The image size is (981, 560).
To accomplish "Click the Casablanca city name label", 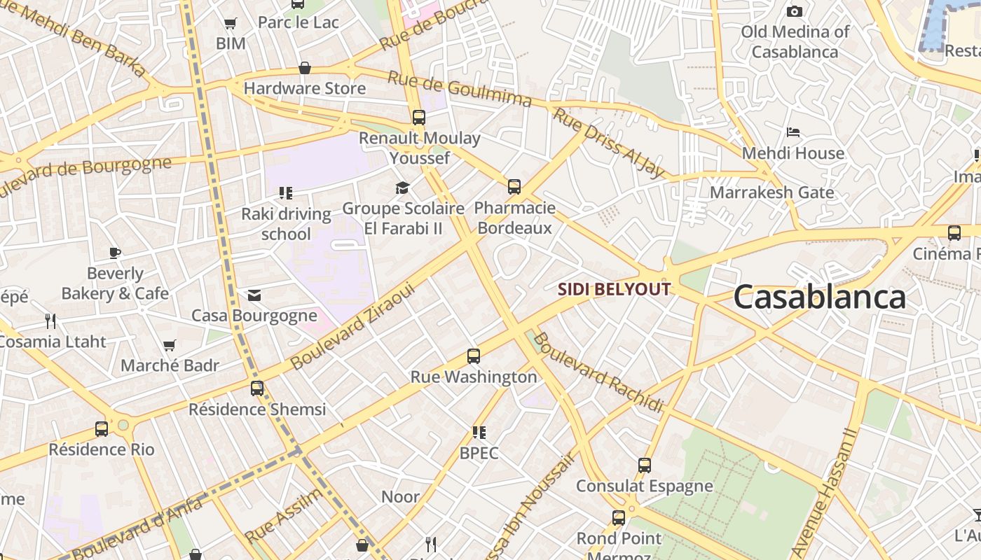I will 819,297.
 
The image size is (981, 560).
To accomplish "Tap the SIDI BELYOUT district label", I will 614,289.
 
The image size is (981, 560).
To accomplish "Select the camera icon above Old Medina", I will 794,11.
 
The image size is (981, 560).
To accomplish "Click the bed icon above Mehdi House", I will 793,132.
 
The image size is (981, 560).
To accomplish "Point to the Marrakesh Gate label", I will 771,192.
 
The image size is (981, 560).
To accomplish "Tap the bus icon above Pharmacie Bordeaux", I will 514,187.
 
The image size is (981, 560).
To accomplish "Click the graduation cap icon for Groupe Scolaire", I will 402,188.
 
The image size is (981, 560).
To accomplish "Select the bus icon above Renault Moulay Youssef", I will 419,118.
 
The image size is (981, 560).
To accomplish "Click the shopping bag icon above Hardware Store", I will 305,68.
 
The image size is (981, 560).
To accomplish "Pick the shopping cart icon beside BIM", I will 231,23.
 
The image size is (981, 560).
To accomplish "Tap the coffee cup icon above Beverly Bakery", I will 115,253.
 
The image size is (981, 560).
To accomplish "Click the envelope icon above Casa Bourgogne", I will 254,295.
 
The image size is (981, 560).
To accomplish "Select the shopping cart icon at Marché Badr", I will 169,345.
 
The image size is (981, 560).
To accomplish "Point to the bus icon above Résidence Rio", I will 102,428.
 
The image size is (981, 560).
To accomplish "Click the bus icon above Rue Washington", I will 474,356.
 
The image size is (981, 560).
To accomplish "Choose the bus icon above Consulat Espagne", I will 645,465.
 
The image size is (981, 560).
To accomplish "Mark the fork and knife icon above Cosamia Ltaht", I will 50,321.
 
